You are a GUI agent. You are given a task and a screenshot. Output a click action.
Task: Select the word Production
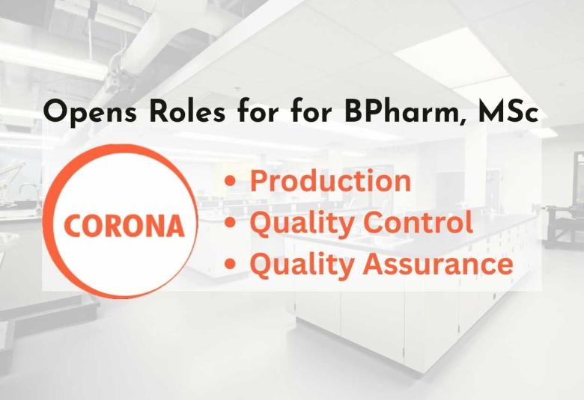click(x=330, y=181)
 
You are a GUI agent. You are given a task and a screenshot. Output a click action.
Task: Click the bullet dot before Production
click(x=238, y=182)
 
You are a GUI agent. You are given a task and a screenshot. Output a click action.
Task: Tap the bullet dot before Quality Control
click(x=238, y=224)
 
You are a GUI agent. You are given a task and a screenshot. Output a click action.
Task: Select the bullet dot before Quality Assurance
click(x=238, y=265)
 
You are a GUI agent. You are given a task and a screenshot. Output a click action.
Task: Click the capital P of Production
click(x=258, y=181)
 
